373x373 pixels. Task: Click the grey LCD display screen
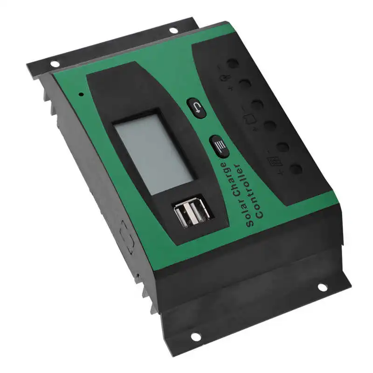click(154, 151)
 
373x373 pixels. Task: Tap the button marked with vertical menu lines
click(219, 146)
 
